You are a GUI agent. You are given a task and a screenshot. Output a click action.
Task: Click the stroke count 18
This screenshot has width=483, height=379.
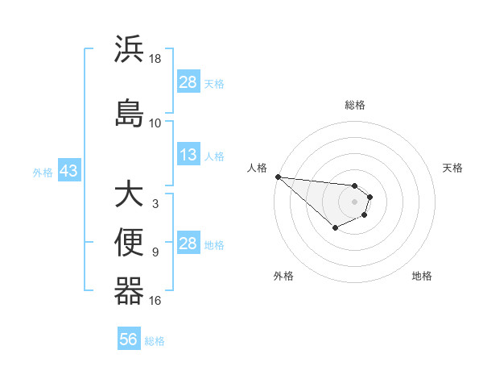coord(155,59)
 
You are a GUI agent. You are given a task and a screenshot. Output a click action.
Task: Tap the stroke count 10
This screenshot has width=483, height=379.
coord(155,123)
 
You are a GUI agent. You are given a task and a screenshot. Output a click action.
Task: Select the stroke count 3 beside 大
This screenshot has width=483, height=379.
coord(155,203)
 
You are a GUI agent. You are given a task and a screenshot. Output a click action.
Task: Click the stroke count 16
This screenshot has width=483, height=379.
coord(155,301)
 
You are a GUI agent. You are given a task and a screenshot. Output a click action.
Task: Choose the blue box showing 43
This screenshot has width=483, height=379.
coord(68,171)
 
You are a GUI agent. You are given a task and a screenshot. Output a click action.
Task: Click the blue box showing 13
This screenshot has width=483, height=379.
coord(188,155)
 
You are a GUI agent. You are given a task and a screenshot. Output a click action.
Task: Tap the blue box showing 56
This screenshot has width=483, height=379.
coord(128,339)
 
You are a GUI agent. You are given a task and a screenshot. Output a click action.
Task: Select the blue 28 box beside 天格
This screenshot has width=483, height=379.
coord(188,82)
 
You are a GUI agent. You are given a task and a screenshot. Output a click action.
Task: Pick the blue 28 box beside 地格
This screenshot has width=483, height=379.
coord(188,244)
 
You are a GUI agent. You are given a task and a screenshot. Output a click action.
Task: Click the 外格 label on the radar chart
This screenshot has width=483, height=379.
coord(283,276)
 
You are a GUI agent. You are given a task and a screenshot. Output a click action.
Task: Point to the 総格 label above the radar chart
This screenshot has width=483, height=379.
coord(355,105)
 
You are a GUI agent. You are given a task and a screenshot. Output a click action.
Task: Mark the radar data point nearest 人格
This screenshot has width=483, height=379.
coord(277,177)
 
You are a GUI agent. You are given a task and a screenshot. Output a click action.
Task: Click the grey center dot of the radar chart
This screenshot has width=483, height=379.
coord(354,201)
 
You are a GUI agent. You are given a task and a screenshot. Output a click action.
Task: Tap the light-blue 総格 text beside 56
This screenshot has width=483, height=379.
coord(155,341)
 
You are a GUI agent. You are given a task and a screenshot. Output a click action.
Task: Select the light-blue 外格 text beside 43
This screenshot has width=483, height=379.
coord(43,172)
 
